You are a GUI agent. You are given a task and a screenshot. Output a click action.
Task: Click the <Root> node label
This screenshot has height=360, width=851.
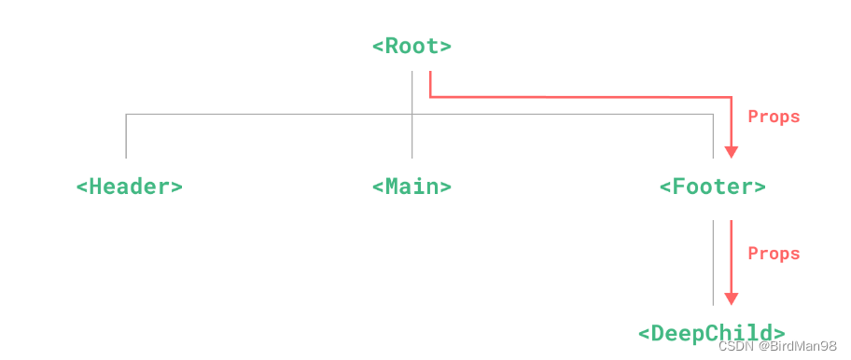click(x=412, y=47)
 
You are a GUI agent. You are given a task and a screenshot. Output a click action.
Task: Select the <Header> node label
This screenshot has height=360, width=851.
click(x=129, y=187)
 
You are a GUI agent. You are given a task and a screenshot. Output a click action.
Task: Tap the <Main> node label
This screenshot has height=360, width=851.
click(x=412, y=187)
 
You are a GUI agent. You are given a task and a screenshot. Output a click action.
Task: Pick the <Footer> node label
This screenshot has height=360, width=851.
click(x=713, y=187)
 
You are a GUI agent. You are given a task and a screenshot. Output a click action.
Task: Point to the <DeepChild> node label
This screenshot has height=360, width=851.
click(x=712, y=333)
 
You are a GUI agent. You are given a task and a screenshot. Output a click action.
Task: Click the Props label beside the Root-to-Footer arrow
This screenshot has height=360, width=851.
click(x=774, y=118)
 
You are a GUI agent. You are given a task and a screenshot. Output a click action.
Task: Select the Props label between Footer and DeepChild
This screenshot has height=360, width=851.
click(x=774, y=254)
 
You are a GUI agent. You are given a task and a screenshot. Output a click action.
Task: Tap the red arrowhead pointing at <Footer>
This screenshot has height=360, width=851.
click(x=731, y=152)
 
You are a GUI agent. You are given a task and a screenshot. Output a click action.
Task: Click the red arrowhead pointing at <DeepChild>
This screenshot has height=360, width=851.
click(x=731, y=298)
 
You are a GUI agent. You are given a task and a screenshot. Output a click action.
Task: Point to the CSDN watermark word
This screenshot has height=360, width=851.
click(x=737, y=347)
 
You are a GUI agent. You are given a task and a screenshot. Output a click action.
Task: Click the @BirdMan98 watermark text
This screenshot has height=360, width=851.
click(x=797, y=347)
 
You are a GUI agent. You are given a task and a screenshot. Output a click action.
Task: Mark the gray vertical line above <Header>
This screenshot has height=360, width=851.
click(x=126, y=136)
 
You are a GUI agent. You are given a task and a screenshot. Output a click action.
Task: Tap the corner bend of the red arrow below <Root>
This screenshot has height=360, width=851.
click(x=430, y=96)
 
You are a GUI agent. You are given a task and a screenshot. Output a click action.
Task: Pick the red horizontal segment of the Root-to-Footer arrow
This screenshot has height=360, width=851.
click(x=579, y=96)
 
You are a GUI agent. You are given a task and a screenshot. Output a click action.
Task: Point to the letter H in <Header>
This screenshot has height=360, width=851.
click(x=95, y=187)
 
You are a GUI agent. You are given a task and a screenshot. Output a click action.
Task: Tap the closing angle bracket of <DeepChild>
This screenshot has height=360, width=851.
click(x=779, y=333)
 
